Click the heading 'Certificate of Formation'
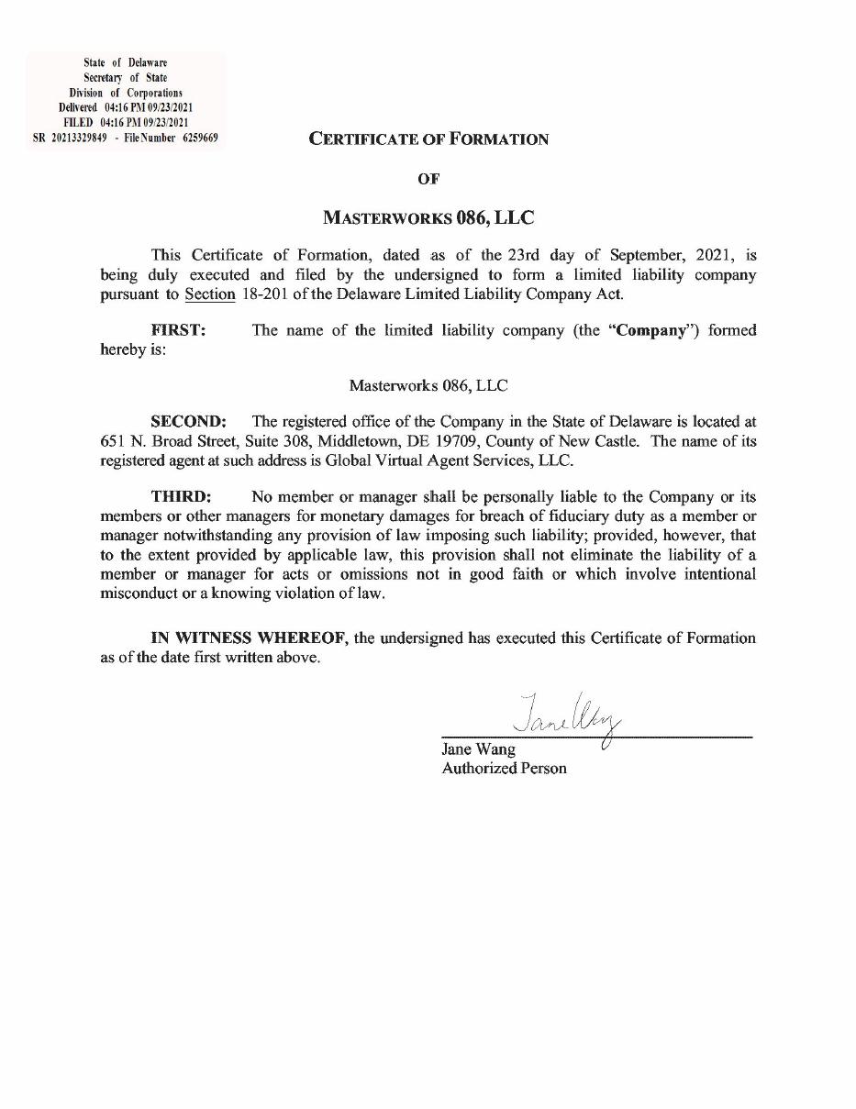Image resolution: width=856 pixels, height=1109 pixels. (428, 139)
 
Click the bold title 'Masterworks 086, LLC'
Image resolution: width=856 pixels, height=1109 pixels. (428, 218)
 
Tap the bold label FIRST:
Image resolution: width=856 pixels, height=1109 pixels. (179, 330)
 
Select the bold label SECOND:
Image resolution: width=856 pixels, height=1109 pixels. (188, 422)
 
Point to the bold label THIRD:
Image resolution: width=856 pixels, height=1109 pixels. (182, 497)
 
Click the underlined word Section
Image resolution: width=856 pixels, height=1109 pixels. (210, 294)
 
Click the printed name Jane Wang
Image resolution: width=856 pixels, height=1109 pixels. (478, 749)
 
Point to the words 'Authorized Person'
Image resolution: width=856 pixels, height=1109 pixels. (504, 769)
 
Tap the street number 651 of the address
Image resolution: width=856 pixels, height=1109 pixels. (111, 441)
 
